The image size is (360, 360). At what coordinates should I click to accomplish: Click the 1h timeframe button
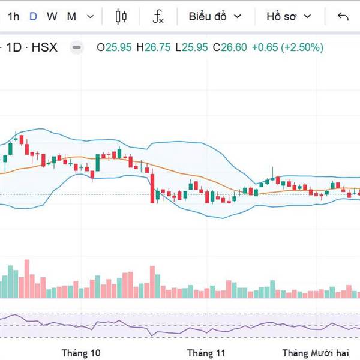13,16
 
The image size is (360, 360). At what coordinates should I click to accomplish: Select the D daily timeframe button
33,16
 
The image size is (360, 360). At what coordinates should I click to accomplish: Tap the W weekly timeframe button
52,16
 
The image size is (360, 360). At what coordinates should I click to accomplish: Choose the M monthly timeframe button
71,16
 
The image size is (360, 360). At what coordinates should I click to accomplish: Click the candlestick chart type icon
121,16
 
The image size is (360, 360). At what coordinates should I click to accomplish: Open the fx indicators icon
158,16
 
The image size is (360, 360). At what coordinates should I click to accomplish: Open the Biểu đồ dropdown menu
214,16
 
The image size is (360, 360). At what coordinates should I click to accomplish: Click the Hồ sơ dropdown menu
289,16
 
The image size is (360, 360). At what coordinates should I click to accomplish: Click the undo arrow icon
343,16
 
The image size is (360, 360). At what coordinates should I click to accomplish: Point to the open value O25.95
115,47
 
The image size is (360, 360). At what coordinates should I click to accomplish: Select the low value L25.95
193,47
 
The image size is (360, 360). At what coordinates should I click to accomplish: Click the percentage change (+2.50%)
302,47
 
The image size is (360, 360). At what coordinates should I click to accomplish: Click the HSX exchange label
44,47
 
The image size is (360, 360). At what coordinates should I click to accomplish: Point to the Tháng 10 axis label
81,353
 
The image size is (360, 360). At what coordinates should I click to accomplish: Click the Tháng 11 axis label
206,353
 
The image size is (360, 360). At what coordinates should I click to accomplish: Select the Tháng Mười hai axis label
315,353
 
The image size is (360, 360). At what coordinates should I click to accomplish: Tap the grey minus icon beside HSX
76,47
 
